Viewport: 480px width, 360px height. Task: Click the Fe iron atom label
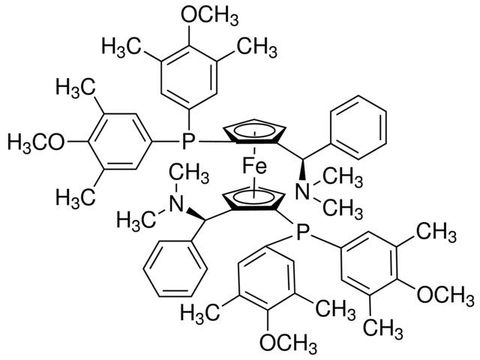point(255,166)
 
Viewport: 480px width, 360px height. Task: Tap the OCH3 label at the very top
point(210,15)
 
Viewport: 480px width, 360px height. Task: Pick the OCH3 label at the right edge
point(445,295)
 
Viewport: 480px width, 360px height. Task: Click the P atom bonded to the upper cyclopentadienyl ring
point(188,142)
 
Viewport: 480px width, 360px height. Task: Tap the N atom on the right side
point(303,190)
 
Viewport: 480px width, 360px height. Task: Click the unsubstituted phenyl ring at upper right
point(358,127)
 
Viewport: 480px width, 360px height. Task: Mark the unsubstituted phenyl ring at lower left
point(175,268)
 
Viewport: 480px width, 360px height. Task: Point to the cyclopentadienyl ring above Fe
point(255,132)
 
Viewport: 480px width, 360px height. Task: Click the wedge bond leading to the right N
point(303,169)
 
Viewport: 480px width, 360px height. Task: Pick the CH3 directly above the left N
point(189,173)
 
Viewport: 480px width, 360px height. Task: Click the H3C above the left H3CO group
point(75,88)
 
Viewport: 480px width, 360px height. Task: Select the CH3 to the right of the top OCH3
point(257,47)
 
